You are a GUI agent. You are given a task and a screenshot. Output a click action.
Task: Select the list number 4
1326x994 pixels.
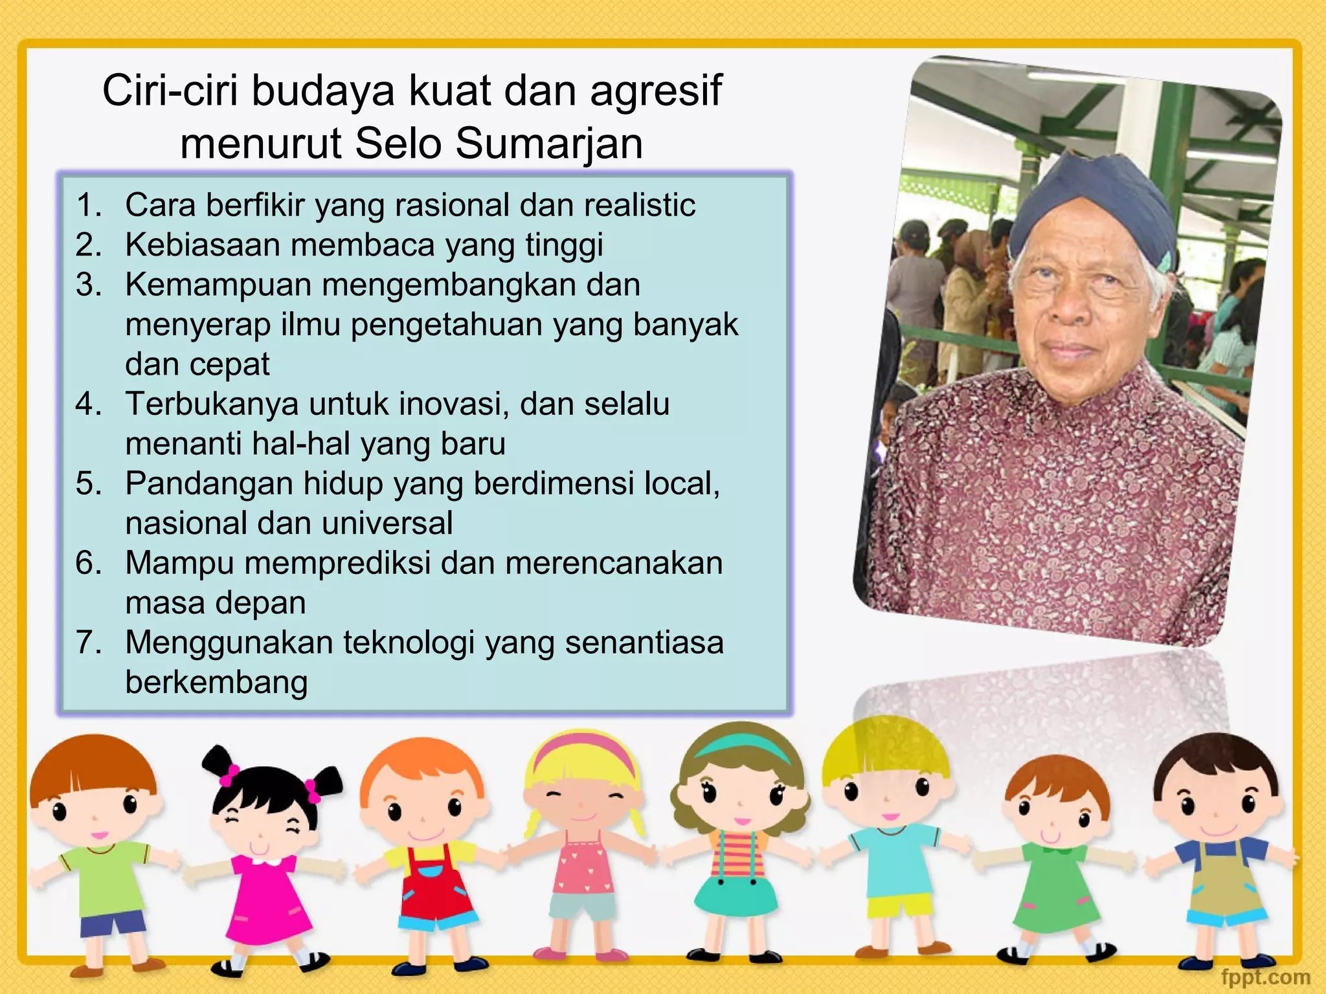click(x=89, y=404)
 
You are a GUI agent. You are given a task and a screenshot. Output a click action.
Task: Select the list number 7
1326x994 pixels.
click(x=89, y=643)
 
